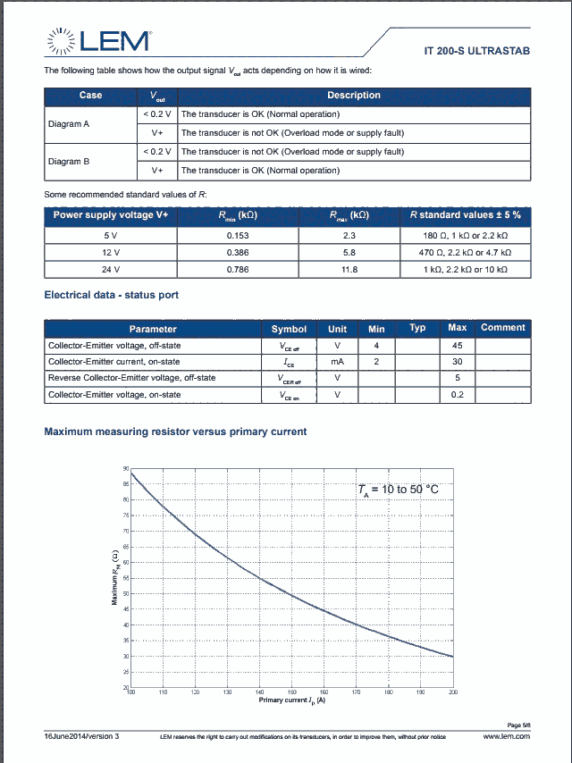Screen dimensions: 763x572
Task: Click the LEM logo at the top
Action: click(99, 40)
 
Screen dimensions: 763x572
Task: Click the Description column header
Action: click(354, 96)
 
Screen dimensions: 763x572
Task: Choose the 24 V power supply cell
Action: click(111, 270)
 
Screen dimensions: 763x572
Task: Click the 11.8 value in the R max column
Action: click(349, 270)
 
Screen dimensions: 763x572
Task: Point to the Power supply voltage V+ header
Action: click(111, 215)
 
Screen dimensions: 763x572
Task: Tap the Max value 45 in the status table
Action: click(458, 345)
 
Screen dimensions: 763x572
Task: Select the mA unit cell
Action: click(338, 362)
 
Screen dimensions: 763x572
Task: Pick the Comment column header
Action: click(502, 328)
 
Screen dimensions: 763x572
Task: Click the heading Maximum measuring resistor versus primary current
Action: click(175, 432)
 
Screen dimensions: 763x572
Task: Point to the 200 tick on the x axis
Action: click(453, 693)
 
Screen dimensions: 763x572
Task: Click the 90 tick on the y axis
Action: click(125, 468)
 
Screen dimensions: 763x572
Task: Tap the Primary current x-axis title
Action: click(291, 700)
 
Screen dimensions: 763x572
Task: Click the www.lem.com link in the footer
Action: click(506, 736)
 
